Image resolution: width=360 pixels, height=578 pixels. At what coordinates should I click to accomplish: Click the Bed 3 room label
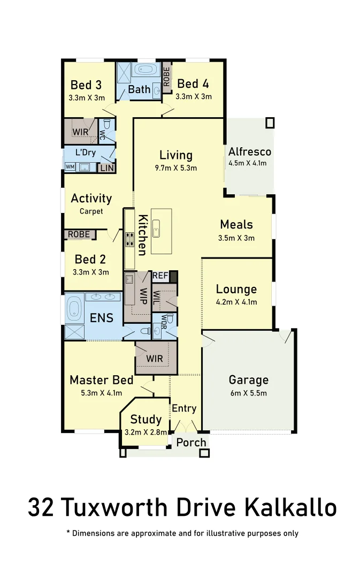point(86,85)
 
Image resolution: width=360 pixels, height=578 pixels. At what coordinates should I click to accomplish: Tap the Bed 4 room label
point(193,83)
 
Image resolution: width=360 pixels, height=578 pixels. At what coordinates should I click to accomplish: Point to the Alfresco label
point(250,151)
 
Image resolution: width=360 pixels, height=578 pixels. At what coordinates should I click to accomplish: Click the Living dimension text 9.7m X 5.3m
point(175,168)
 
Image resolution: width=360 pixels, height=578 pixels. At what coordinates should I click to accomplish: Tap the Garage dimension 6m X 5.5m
point(248,393)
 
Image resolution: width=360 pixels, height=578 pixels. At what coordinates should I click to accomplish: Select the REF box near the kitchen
point(160,276)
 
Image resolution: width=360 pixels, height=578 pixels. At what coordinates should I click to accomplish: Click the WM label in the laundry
point(70,167)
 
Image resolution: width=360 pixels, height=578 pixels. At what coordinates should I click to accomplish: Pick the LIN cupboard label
point(106,168)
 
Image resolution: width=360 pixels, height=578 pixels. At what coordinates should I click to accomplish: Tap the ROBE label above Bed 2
point(79,234)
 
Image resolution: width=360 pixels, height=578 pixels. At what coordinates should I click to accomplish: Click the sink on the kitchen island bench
point(156,228)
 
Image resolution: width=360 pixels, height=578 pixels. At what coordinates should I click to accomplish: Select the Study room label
point(145,419)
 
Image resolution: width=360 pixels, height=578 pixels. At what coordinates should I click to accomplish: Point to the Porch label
point(191,442)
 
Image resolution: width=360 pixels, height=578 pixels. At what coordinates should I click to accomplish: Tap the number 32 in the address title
point(41,507)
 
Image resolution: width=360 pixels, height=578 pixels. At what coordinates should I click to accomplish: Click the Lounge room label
point(236,290)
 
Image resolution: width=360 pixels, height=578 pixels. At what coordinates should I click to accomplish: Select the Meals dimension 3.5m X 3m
point(236,238)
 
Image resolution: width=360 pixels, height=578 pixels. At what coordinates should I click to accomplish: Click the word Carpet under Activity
point(91,211)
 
